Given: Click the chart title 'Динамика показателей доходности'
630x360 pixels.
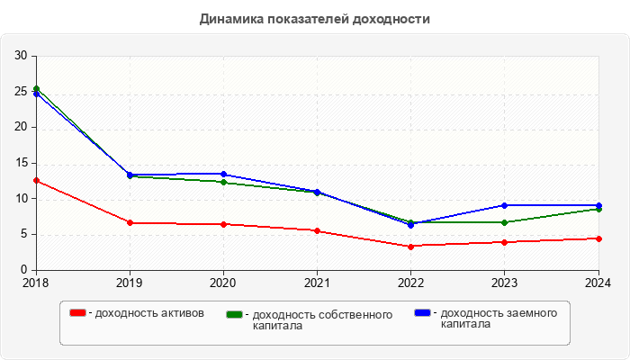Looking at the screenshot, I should click(x=314, y=18).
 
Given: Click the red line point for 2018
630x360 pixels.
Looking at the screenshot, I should click(x=36, y=180).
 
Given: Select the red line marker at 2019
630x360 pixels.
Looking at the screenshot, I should click(x=130, y=222).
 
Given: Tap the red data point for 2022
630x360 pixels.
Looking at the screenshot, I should click(x=410, y=247).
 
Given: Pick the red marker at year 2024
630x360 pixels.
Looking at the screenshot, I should click(x=598, y=238).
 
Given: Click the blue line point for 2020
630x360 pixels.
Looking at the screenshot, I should click(x=223, y=174).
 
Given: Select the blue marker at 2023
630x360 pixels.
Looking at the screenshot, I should click(x=505, y=205).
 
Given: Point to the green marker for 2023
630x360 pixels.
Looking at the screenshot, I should click(x=505, y=222).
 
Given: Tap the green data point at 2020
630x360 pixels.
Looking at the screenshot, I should click(x=223, y=182).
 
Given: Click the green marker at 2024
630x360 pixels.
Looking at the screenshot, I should click(x=598, y=209).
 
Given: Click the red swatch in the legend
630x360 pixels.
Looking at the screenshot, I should click(x=78, y=313).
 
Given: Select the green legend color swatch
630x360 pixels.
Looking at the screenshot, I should click(x=236, y=314).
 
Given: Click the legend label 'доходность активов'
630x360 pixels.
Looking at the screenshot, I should click(x=149, y=313).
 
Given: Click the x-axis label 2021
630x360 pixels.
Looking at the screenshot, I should click(x=317, y=283).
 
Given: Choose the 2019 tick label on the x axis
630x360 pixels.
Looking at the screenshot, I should click(x=130, y=283).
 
